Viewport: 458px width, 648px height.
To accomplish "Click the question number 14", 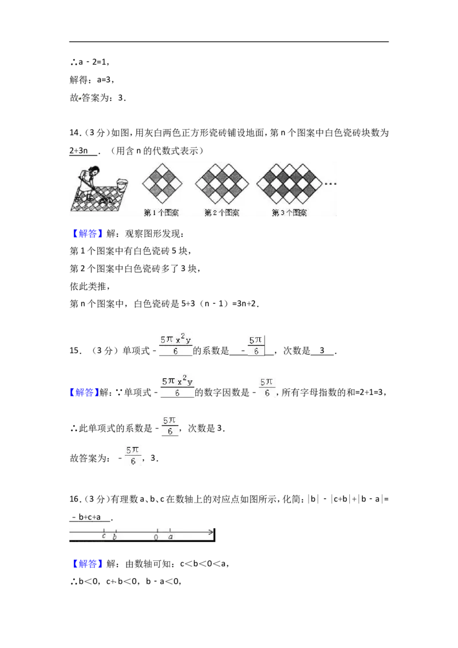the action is click(x=74, y=133).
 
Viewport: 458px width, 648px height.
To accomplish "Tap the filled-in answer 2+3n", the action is click(x=78, y=151).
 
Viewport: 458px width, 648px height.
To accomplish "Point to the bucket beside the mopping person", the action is click(x=123, y=184).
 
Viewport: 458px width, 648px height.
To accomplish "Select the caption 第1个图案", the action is click(x=161, y=213).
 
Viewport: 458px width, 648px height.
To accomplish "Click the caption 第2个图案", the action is click(x=222, y=213).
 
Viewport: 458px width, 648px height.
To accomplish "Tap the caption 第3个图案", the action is click(x=289, y=213).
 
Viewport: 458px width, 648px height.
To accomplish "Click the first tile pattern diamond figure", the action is click(x=162, y=184).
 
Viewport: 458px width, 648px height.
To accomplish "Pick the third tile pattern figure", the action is click(x=289, y=184).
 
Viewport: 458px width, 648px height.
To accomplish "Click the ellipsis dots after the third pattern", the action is click(x=331, y=184).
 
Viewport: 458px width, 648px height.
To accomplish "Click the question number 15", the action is click(x=74, y=351).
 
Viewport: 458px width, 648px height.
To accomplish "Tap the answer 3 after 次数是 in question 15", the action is click(x=322, y=351).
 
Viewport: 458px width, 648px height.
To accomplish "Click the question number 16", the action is click(x=74, y=499).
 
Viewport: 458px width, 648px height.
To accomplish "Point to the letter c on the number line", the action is click(x=104, y=536).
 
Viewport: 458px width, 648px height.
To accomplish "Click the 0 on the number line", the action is click(x=156, y=538).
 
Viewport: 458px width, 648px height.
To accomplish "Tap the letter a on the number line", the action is click(x=170, y=537).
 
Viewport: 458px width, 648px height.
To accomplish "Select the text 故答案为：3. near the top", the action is click(x=98, y=98).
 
